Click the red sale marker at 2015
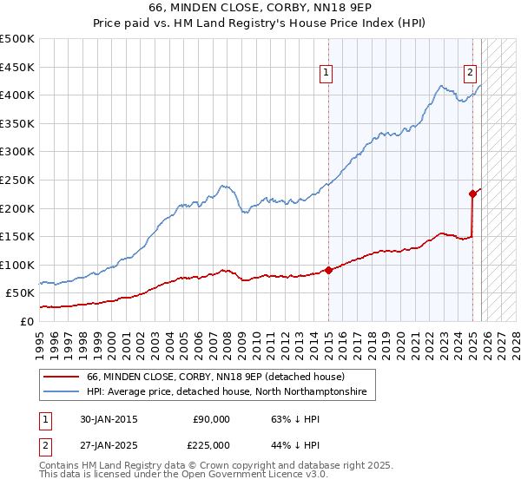point(328,270)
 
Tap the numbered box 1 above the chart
point(325,74)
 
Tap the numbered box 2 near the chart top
point(470,74)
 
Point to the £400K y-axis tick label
point(17,95)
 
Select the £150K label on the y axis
point(17,236)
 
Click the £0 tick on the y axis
point(27,321)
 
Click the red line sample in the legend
point(63,378)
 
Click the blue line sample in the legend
point(63,392)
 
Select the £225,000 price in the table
point(211,444)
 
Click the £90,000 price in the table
point(211,419)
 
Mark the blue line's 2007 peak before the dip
point(223,185)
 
